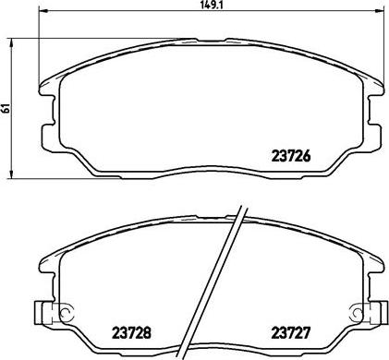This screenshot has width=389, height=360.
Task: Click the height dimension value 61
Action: pyautogui.click(x=6, y=108)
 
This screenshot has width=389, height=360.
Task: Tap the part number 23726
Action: pyautogui.click(x=290, y=156)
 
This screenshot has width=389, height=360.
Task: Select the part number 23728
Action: pyautogui.click(x=131, y=332)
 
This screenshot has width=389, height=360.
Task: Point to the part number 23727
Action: pyautogui.click(x=290, y=332)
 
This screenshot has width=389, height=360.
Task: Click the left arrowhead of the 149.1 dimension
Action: pyautogui.click(x=44, y=11)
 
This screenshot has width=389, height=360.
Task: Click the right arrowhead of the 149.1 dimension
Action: pyautogui.click(x=379, y=11)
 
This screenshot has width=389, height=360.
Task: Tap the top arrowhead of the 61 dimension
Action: pyautogui.click(x=11, y=42)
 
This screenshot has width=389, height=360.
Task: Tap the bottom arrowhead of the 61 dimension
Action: pyautogui.click(x=11, y=174)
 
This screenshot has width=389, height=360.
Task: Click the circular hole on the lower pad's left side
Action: pyautogui.click(x=66, y=313)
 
